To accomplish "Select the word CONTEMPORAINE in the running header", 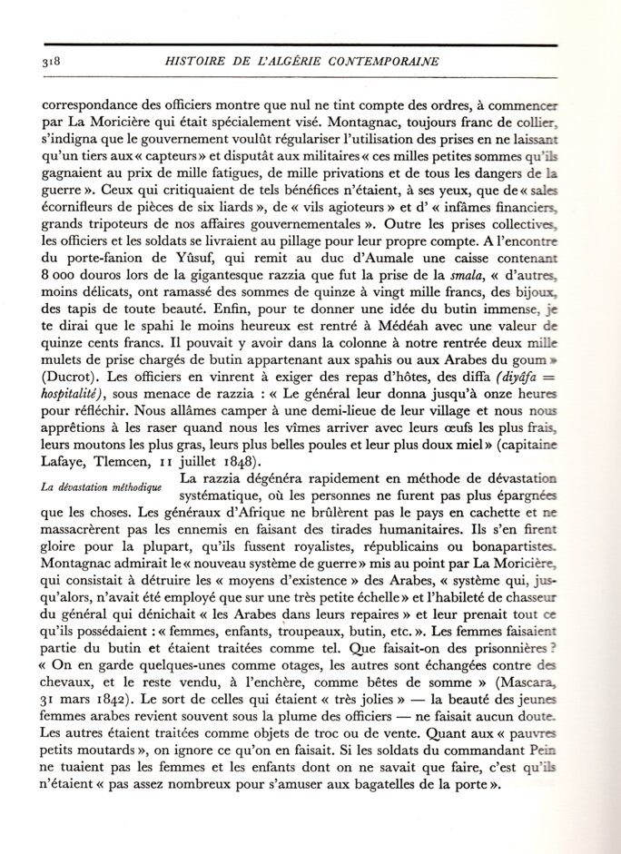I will click(386, 62).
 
